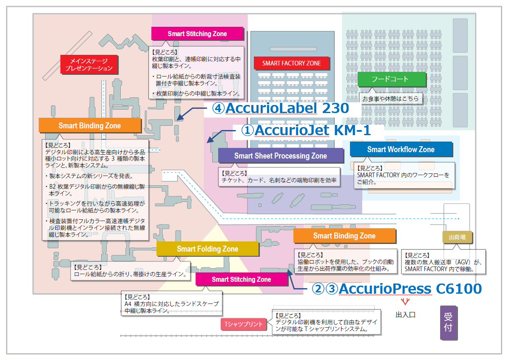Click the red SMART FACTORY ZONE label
point(291,63)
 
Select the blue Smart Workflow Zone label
point(401,149)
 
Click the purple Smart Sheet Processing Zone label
point(280,156)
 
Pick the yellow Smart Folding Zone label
point(207,249)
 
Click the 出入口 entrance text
point(405,315)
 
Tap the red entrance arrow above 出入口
point(405,302)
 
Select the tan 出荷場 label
point(457,237)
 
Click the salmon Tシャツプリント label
point(244,324)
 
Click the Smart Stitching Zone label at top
point(197,34)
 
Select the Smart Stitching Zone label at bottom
point(241,279)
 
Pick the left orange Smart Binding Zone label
point(89,125)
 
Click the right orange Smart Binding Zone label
point(344,236)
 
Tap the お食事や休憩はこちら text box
point(390,99)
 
